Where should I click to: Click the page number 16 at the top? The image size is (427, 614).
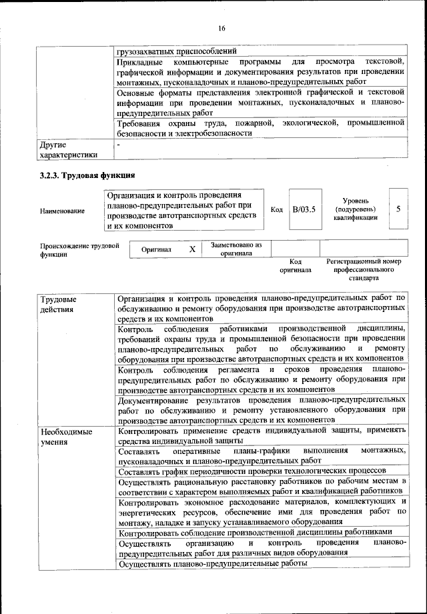coord(222,27)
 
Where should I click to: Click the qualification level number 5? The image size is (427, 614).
coord(398,209)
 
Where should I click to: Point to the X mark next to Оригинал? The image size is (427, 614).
coord(192,249)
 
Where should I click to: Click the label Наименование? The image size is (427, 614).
coord(62,211)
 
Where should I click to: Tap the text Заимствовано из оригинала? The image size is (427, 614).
coord(236,249)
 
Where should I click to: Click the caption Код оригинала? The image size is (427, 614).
coord(296,266)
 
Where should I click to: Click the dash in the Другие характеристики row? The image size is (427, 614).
coord(119,144)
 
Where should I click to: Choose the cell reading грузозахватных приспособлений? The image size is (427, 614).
coord(175,51)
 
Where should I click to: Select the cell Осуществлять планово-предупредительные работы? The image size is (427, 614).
coord(211,563)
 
